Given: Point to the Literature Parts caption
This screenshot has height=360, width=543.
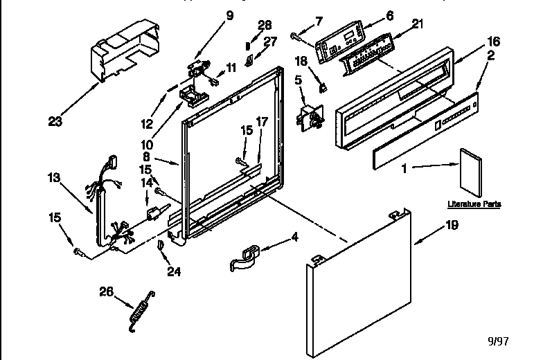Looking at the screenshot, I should pyautogui.click(x=474, y=205).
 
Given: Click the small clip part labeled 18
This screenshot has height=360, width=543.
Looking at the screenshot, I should pyautogui.click(x=323, y=88).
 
